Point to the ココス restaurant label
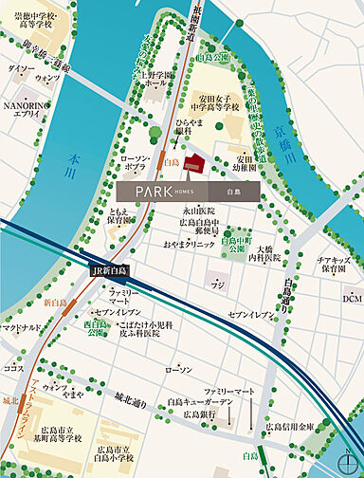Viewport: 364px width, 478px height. click(13, 367)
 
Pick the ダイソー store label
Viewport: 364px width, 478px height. click(20, 69)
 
